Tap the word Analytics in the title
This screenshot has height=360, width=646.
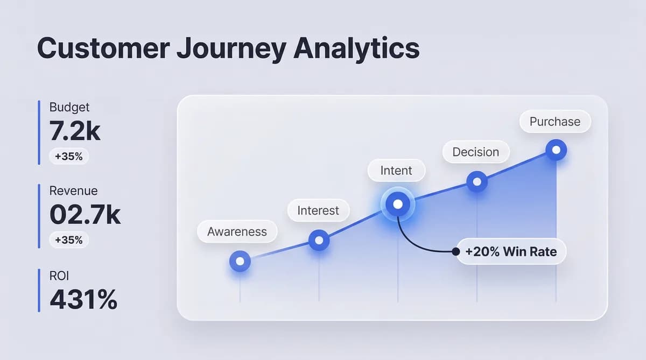356,48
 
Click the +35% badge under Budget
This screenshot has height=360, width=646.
69,157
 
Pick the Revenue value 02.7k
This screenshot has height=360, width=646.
85,214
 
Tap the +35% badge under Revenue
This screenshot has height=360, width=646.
69,240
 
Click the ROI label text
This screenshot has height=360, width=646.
59,276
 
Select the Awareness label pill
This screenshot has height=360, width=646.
237,232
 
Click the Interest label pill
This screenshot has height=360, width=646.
318,210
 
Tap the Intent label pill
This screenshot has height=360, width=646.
396,171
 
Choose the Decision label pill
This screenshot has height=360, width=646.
475,152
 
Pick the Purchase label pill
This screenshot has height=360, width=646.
555,122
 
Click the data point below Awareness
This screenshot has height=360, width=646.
240,262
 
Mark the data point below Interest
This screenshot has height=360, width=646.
319,241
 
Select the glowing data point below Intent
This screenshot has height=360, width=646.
398,204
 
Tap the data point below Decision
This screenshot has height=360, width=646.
476,182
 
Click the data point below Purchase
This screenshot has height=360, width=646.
556,150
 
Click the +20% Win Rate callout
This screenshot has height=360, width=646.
511,251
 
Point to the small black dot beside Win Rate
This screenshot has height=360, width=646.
456,251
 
